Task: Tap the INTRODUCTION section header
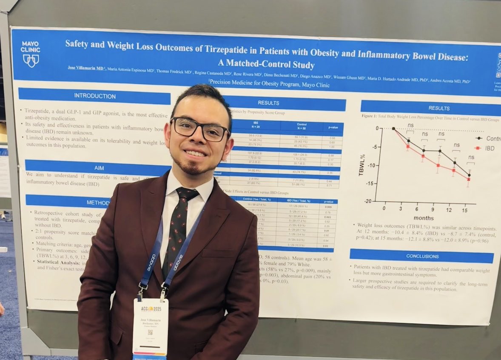(94, 96)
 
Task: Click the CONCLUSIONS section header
(422, 256)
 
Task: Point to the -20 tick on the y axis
(368, 201)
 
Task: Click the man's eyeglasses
(199, 129)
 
